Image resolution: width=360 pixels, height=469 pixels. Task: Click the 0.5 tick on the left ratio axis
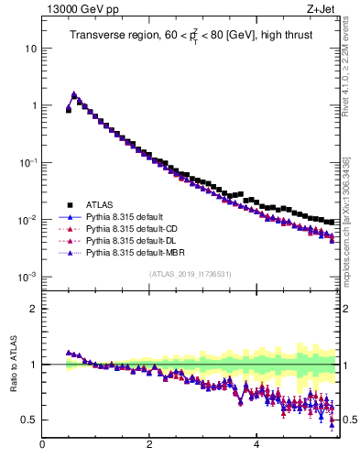point(29,420)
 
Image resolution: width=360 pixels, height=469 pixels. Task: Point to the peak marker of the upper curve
point(74,94)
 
